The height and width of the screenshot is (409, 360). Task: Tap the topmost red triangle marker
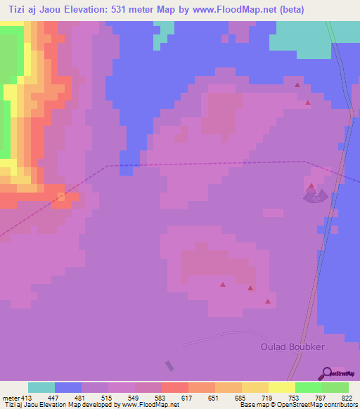[x=297, y=85]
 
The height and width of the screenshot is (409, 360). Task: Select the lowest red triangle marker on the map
[x=267, y=301]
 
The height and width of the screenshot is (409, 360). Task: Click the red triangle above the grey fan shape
[x=311, y=186]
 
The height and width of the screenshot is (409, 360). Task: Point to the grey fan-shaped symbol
[x=315, y=196]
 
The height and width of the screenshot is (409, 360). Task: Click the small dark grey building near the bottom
[x=169, y=366]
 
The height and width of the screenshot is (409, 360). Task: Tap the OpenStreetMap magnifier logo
[x=326, y=372]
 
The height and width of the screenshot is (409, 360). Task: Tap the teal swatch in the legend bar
[x=41, y=387]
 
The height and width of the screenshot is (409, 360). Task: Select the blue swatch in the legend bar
[x=68, y=387]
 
